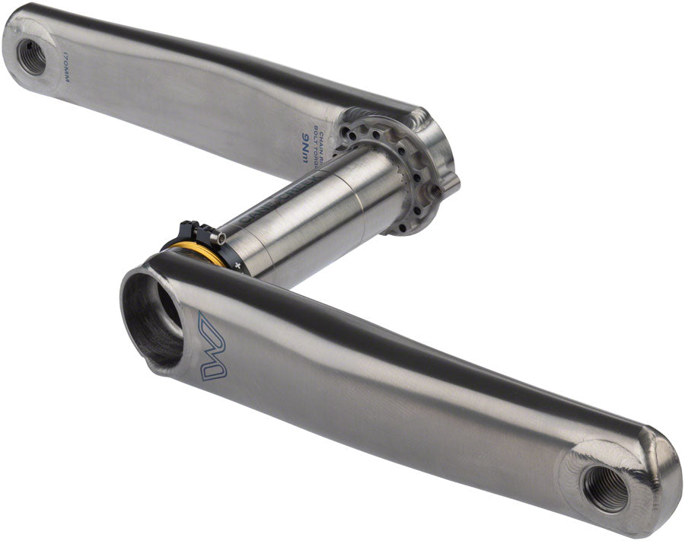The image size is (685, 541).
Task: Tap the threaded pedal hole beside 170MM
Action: tap(31, 57)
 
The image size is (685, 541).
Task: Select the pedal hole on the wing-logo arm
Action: tap(606, 488)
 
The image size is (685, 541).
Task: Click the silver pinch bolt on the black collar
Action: tap(220, 239)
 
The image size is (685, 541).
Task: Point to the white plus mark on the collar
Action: tap(237, 265)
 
